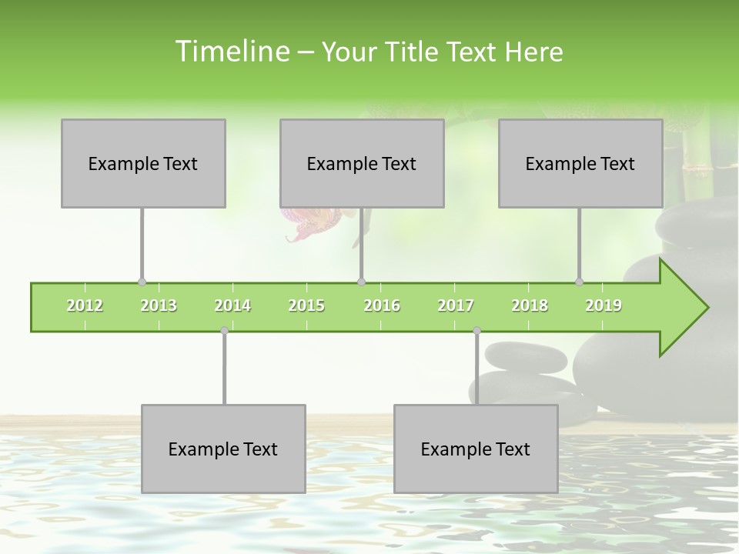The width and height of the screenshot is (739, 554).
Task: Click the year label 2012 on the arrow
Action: pyautogui.click(x=85, y=306)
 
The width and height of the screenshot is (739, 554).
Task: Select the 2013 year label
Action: pyautogui.click(x=159, y=306)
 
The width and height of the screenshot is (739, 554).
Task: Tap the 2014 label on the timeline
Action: pyautogui.click(x=232, y=306)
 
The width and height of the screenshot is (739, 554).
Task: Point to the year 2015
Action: pyautogui.click(x=306, y=306)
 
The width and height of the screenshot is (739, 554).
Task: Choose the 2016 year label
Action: pyautogui.click(x=382, y=306)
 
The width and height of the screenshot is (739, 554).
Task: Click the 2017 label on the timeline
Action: pyautogui.click(x=456, y=306)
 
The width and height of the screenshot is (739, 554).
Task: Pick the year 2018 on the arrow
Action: pyautogui.click(x=530, y=306)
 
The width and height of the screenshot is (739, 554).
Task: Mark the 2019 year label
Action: pyautogui.click(x=604, y=306)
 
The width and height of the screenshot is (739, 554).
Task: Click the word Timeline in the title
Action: pyautogui.click(x=231, y=52)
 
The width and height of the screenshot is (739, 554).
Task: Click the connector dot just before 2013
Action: pyautogui.click(x=142, y=282)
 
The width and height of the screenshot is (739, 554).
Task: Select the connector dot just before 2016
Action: pyautogui.click(x=361, y=282)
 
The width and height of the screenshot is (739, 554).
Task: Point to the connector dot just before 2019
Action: pyautogui.click(x=579, y=282)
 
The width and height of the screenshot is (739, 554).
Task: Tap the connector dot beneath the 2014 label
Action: pyautogui.click(x=224, y=331)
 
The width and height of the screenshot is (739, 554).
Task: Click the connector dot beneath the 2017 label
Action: pyautogui.click(x=477, y=331)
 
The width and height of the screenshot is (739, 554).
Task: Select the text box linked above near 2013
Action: pyautogui.click(x=143, y=163)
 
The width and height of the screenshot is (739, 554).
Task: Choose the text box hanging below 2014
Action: pyautogui.click(x=223, y=449)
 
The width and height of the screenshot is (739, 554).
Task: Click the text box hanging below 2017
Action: pyautogui.click(x=476, y=449)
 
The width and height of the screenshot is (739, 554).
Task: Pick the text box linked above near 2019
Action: pyautogui.click(x=580, y=163)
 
